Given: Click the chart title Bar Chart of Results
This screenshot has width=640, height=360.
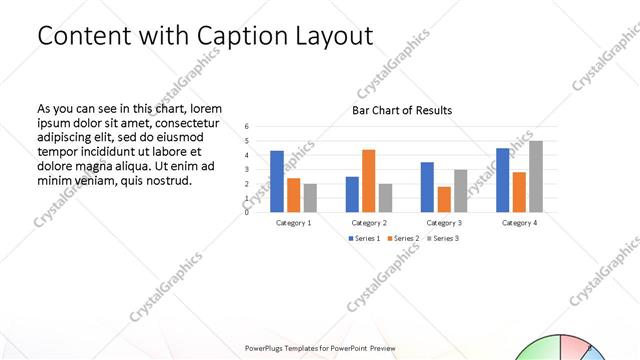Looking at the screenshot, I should pyautogui.click(x=401, y=110).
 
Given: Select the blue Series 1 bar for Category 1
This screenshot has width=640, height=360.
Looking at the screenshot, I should pyautogui.click(x=277, y=181).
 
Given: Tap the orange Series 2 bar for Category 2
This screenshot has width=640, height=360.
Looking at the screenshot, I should pyautogui.click(x=369, y=180).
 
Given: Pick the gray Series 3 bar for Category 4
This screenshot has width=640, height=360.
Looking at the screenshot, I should pyautogui.click(x=536, y=176).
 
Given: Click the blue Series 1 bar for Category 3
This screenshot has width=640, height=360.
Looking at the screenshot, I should pyautogui.click(x=427, y=187).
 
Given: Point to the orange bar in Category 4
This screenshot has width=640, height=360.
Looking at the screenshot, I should pyautogui.click(x=519, y=192).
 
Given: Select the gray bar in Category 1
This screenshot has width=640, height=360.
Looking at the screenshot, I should pyautogui.click(x=310, y=198).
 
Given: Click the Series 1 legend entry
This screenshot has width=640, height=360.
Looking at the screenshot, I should pyautogui.click(x=364, y=238).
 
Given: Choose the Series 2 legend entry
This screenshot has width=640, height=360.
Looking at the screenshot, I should pyautogui.click(x=401, y=238).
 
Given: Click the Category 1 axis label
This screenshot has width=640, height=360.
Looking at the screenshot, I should pyautogui.click(x=294, y=222).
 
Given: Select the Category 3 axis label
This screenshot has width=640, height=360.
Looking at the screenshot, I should pyautogui.click(x=444, y=222).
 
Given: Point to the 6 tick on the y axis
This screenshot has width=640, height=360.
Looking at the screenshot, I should pyautogui.click(x=246, y=127).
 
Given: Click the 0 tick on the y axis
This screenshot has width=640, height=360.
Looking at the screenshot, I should pyautogui.click(x=246, y=212).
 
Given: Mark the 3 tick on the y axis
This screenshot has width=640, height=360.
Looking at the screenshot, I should pyautogui.click(x=246, y=169).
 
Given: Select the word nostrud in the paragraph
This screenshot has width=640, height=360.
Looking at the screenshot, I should pyautogui.click(x=167, y=180).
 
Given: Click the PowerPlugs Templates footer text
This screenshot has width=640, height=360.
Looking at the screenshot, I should pyautogui.click(x=320, y=348).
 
